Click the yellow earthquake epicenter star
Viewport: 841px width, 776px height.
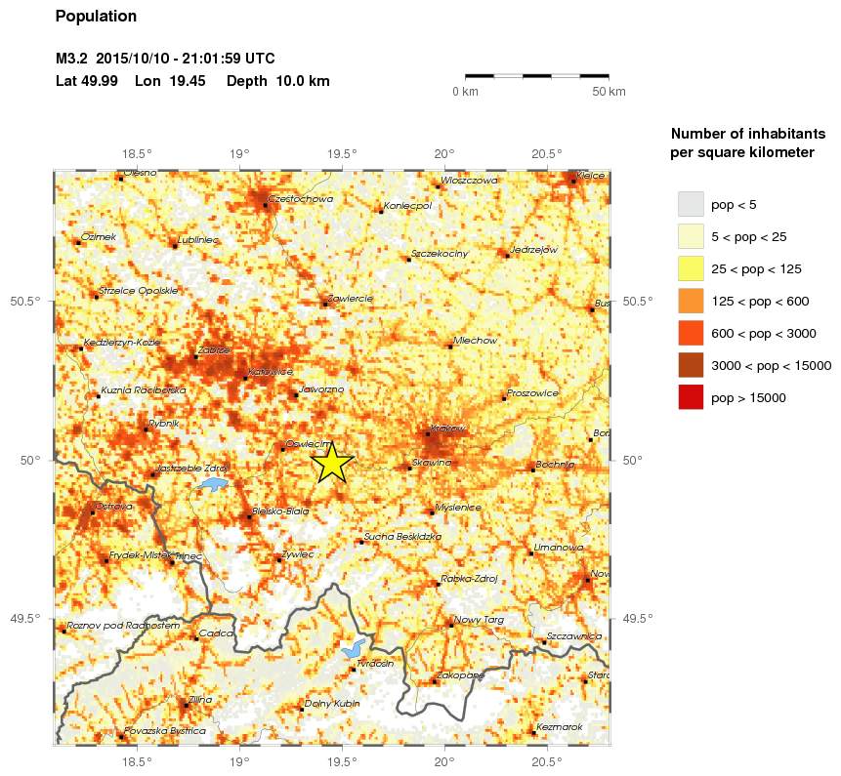[332, 463]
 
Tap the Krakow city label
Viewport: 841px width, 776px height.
[448, 429]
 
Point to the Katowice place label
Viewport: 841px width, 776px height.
[271, 372]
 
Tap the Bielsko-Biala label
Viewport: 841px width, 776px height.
[280, 511]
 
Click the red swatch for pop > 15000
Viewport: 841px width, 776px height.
[691, 397]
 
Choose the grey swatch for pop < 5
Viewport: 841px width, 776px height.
[691, 204]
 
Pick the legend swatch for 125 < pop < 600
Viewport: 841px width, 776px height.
[691, 301]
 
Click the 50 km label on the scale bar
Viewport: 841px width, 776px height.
[610, 92]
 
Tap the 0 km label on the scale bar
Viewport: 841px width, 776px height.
[465, 92]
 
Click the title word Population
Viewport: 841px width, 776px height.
[96, 17]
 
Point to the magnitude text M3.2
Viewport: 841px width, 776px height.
[72, 59]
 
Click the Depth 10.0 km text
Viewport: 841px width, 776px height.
[277, 81]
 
